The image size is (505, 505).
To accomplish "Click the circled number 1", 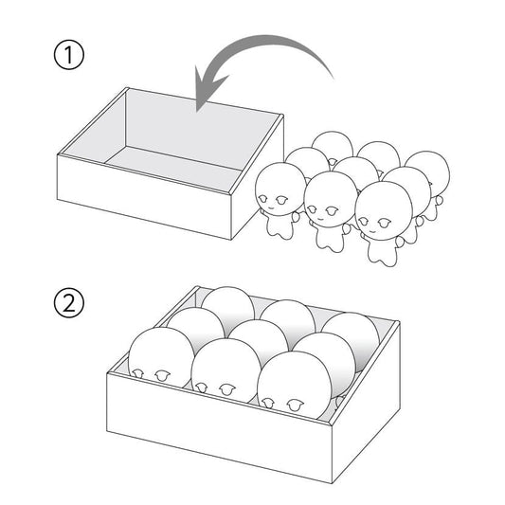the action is pos(68,54).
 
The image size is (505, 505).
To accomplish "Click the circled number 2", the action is pos(68,303).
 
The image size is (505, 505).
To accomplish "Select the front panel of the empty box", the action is pos(144,196).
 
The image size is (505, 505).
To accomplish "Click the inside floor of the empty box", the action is pos(174,168).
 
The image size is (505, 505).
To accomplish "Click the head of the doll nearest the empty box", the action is pos(280,189).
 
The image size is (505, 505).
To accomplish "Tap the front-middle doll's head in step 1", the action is pos(331,199).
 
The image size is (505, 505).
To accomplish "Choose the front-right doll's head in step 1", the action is pos(384,210).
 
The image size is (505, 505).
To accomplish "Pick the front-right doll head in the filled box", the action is pos(294,385).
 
